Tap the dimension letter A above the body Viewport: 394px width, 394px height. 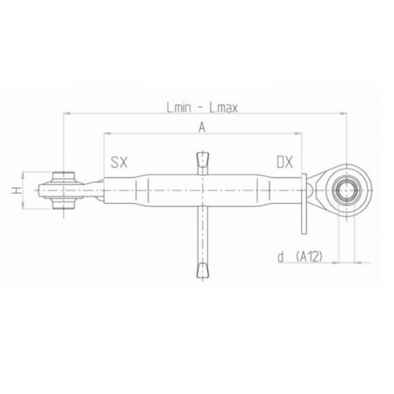201,127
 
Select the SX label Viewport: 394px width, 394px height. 119,162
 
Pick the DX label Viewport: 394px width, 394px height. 286,162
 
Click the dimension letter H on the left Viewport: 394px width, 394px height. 16,191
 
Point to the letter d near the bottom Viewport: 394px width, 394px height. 282,257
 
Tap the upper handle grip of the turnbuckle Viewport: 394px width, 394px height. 202,162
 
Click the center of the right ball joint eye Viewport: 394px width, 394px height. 346,190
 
